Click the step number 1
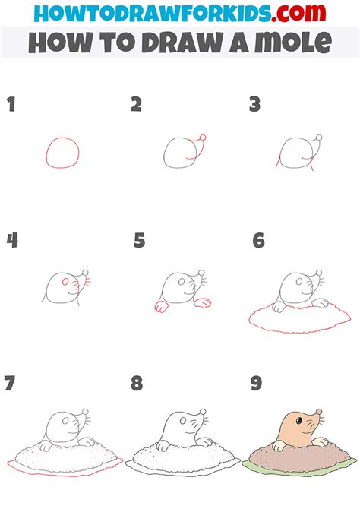coord(11,104)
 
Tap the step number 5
coord(139,241)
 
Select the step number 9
coord(256,383)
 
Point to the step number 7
coord(10,383)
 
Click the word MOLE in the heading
coord(293,43)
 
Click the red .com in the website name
coord(298,14)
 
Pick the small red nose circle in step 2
coord(203,138)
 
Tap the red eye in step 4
coord(65,282)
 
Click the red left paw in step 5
coord(161,306)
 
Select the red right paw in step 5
coord(203,303)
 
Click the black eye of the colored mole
coord(299,421)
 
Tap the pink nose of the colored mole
coord(319,412)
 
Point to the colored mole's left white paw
coord(279,445)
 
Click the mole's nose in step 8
coord(203,412)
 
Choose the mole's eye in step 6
coord(299,282)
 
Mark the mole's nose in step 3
coord(319,138)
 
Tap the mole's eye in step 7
coord(65,421)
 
